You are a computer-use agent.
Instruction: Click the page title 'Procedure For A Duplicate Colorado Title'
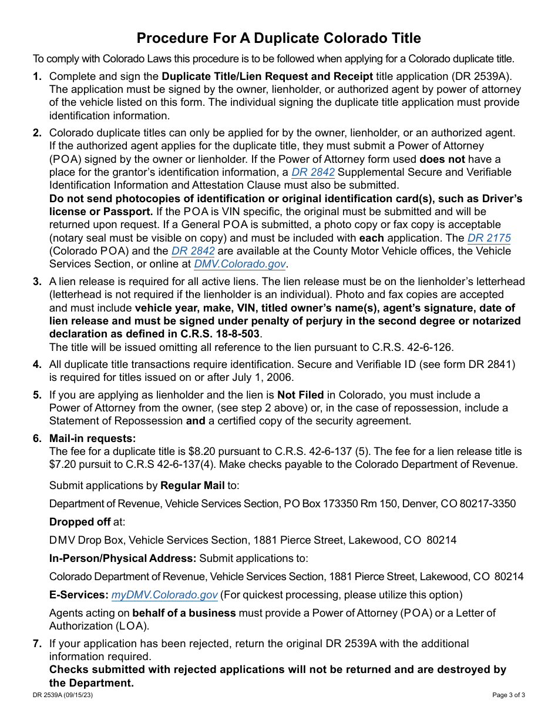tap(278, 38)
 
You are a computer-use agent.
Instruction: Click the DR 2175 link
tap(489, 238)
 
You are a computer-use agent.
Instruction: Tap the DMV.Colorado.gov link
tap(240, 264)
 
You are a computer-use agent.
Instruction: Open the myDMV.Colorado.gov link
tap(164, 595)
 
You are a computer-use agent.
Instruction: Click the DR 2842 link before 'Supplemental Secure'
tap(313, 172)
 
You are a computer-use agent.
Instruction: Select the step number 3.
tap(37, 282)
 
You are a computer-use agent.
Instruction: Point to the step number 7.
tap(37, 644)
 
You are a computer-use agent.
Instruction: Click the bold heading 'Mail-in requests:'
tap(92, 438)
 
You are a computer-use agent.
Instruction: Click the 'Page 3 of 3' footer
tap(508, 695)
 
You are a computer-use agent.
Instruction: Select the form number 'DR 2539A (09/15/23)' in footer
tap(63, 695)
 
